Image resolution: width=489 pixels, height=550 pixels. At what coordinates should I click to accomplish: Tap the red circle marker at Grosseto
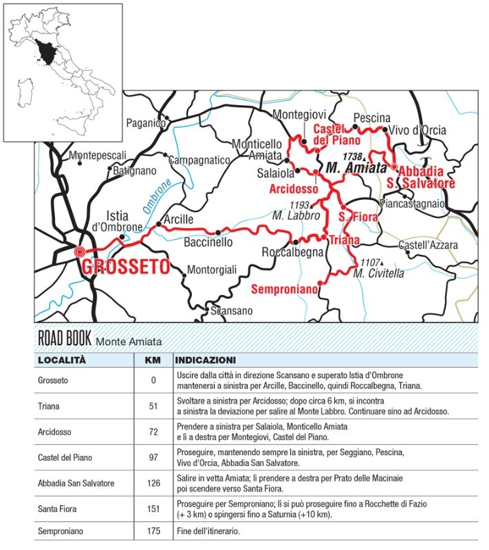80,252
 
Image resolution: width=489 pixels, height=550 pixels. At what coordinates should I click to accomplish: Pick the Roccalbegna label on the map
293,253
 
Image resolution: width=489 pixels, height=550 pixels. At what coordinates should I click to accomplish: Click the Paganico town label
145,123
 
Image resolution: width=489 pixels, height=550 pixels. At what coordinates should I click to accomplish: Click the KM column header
153,360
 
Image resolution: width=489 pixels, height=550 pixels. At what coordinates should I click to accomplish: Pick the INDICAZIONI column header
206,360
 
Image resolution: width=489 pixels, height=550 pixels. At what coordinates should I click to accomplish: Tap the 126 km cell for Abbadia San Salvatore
153,481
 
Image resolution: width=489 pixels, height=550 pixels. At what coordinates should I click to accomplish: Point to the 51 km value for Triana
153,406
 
